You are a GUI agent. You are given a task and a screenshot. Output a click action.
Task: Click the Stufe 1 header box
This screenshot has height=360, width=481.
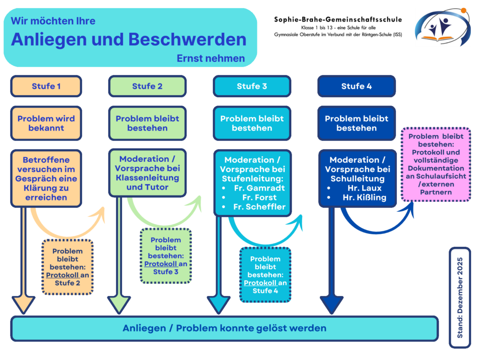tap(47, 86)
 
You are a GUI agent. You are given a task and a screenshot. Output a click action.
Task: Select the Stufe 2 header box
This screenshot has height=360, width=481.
tap(147, 86)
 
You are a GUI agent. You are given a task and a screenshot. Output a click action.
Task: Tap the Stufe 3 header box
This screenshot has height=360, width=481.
tap(252, 86)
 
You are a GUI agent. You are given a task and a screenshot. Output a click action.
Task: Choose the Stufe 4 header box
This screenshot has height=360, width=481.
tap(357, 86)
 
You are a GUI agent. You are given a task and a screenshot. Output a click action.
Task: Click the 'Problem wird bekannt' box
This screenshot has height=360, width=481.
tap(47, 123)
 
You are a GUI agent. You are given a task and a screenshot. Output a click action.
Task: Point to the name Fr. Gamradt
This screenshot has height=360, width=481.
tap(259, 188)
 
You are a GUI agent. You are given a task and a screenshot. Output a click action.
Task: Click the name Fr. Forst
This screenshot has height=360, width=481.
tap(259, 198)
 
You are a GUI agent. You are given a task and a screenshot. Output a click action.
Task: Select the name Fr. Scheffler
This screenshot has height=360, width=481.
tap(259, 207)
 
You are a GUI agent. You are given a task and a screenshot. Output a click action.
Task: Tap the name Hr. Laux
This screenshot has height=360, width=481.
tap(365, 188)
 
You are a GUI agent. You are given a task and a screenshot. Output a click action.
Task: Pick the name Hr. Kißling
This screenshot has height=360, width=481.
tap(365, 198)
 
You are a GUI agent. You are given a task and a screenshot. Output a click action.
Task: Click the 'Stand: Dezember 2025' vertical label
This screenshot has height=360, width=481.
tap(460, 298)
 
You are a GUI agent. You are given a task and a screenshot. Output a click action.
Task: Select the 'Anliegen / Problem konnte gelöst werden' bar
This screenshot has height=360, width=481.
tap(225, 329)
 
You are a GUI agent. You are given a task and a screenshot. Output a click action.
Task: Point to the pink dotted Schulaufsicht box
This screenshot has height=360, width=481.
tap(436, 164)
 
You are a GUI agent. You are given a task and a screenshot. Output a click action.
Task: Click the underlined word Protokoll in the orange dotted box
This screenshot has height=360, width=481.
tap(62, 275)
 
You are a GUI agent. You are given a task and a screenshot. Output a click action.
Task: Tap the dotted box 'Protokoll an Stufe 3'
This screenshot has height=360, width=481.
tap(166, 256)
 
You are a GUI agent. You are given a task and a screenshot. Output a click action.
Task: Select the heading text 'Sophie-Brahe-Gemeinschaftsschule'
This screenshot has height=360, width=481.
tap(338, 20)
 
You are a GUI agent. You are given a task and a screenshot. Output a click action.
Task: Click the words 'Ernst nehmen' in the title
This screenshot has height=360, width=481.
tap(211, 58)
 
